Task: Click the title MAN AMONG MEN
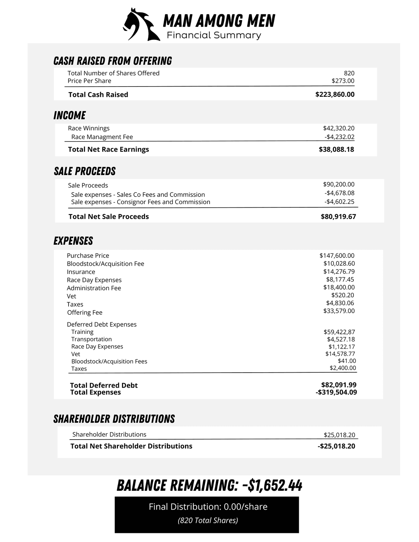tap(219, 21)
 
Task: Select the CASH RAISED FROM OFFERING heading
tap(113, 61)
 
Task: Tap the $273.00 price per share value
tap(343, 81)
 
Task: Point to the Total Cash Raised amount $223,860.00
tap(335, 94)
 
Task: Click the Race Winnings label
tap(89, 128)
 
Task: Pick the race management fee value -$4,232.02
tap(339, 137)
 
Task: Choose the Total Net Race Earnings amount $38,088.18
tap(336, 149)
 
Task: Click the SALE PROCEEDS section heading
tap(85, 171)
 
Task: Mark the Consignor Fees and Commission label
tap(141, 202)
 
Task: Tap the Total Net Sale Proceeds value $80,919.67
tap(338, 216)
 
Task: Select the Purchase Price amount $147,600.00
tap(337, 256)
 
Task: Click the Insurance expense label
tap(81, 272)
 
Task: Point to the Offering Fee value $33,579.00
tap(339, 311)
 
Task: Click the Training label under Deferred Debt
tap(82, 332)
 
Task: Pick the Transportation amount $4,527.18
tap(341, 340)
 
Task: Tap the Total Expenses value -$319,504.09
tap(336, 392)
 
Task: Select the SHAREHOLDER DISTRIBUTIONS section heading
tap(114, 419)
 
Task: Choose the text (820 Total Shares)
tap(208, 521)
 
